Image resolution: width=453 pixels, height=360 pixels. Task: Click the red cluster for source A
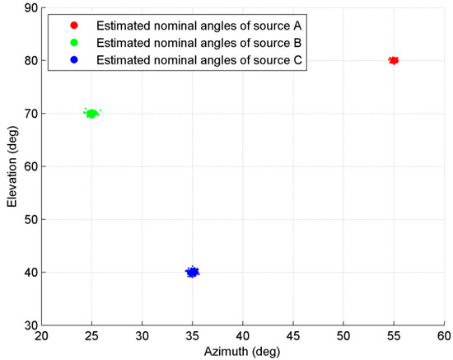(x=394, y=60)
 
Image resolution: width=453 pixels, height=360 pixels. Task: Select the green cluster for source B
(x=91, y=114)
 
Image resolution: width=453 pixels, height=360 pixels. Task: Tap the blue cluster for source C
(x=192, y=272)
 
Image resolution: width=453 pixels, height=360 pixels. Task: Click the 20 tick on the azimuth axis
(x=42, y=336)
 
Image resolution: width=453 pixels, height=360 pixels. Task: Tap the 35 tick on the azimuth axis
(x=192, y=336)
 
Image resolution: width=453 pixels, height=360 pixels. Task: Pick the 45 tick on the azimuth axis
(x=292, y=336)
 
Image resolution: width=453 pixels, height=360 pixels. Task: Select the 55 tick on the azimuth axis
(x=393, y=336)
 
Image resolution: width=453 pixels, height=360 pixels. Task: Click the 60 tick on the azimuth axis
(x=443, y=336)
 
